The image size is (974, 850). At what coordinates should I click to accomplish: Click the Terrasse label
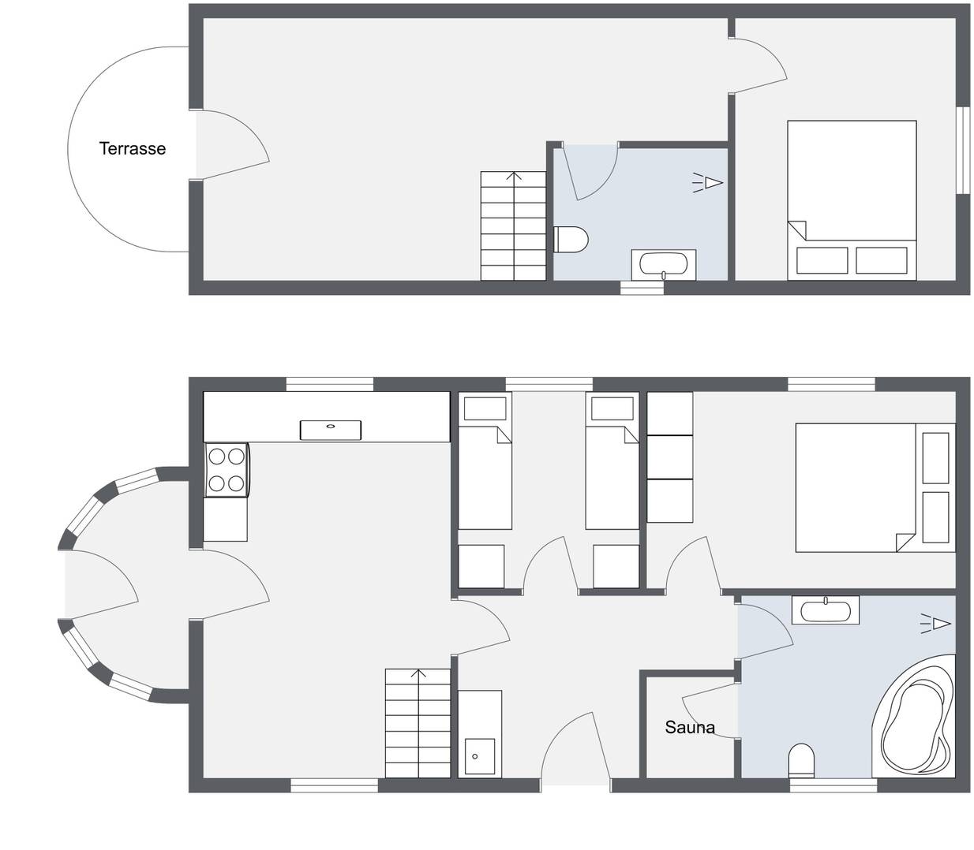133,149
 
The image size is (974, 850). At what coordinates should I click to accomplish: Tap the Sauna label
690,727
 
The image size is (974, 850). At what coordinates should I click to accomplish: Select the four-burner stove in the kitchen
226,470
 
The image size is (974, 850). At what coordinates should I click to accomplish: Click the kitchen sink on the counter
331,431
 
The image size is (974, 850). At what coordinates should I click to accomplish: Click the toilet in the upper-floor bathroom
571,240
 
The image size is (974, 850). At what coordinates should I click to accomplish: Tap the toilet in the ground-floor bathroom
801,761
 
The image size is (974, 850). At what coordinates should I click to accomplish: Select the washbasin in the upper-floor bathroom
664,264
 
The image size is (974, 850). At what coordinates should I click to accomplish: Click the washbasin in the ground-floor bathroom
826,610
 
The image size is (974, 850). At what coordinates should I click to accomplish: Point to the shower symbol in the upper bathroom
708,183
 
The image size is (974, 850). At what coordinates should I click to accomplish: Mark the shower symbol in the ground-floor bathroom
935,623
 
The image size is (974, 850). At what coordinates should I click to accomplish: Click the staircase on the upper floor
513,226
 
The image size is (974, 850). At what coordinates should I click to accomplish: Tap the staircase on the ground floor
418,723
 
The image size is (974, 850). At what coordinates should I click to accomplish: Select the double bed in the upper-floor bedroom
852,200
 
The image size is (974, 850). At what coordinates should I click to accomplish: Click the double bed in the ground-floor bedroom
875,487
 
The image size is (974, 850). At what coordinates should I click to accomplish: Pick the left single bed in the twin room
485,460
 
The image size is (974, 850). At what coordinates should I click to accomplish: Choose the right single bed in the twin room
612,460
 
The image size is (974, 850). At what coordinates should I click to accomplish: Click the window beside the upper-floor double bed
963,151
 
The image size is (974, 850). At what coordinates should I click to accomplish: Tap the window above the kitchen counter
330,385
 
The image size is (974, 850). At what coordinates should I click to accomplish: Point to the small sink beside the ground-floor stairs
479,734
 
